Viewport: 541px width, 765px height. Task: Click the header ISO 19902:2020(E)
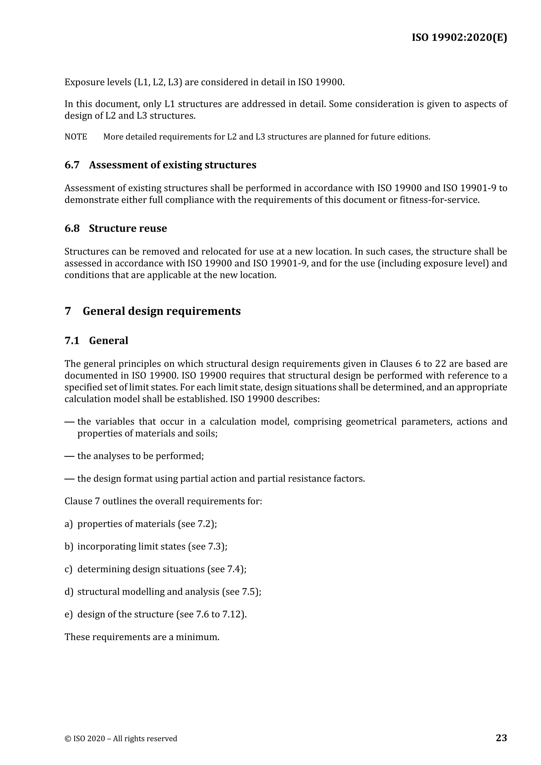click(459, 37)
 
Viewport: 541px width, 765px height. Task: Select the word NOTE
click(76, 137)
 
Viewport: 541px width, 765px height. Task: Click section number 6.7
click(72, 165)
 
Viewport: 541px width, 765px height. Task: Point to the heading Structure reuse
click(128, 228)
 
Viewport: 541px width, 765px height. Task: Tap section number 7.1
click(72, 340)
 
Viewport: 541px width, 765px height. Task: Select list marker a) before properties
click(68, 524)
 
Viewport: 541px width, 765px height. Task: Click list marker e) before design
click(68, 614)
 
